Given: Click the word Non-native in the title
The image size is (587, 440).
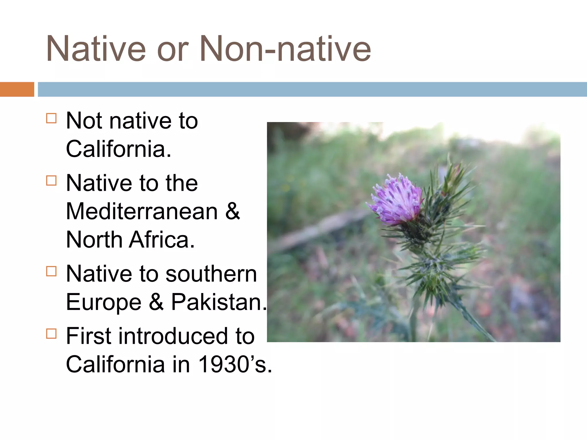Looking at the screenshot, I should point(285,49).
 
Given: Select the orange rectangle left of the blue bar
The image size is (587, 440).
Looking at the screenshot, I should point(17,89).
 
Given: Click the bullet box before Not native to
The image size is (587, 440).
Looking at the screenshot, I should point(51,118).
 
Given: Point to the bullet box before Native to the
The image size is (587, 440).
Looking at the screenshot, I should point(51,181).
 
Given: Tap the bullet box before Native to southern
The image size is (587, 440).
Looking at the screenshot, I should point(51,271).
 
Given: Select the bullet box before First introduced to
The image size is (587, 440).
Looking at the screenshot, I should point(51,334).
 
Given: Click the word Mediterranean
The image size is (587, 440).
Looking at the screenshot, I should point(142,211).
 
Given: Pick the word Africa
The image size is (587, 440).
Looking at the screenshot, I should point(162,240).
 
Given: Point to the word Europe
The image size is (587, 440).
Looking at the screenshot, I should point(103,302).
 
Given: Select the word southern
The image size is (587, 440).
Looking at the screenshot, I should point(211,274).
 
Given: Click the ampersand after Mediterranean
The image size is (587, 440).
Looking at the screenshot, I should point(232,211).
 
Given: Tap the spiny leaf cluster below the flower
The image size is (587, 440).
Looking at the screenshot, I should point(439,272).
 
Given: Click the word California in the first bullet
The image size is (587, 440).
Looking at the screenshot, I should point(118,149).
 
